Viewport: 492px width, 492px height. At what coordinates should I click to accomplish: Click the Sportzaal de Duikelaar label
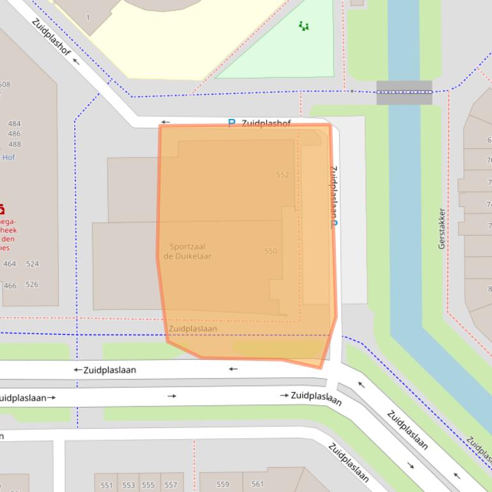[187, 251]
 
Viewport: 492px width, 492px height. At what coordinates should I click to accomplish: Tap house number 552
[282, 174]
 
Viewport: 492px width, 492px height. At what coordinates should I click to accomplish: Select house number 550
[271, 251]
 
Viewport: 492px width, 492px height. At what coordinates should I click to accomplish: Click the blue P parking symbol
[232, 123]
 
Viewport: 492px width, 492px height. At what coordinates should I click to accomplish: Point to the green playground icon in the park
[304, 26]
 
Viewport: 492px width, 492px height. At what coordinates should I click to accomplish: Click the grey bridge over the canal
[404, 93]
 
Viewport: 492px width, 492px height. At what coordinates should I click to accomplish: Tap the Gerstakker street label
[441, 228]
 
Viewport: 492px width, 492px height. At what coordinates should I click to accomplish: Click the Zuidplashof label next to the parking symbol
[266, 123]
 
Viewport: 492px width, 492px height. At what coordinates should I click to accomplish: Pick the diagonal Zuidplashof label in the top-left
[51, 38]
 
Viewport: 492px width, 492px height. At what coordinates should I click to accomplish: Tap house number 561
[257, 484]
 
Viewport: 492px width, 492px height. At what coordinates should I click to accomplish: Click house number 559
[223, 484]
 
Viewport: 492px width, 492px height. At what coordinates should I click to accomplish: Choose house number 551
[107, 485]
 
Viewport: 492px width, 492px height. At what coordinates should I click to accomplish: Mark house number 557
[170, 485]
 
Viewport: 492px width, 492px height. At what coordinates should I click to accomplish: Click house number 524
[32, 264]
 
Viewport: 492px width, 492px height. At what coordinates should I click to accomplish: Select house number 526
[32, 285]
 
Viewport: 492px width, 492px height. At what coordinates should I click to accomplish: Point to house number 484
[14, 124]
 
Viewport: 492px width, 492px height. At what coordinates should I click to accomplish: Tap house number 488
[14, 144]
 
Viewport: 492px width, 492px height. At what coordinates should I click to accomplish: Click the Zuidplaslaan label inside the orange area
[193, 328]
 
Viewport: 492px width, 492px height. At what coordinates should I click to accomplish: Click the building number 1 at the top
[88, 18]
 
